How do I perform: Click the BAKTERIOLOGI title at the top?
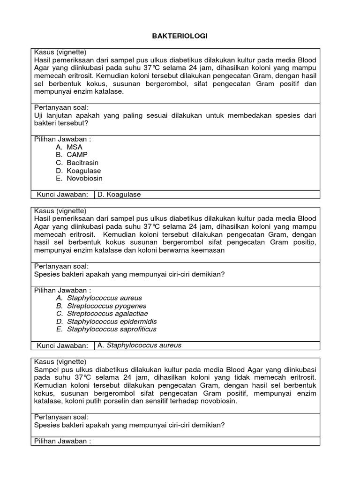pos(180,36)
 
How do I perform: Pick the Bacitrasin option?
pos(77,163)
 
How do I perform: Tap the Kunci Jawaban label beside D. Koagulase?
pos(62,195)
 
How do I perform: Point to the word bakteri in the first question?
pos(46,123)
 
